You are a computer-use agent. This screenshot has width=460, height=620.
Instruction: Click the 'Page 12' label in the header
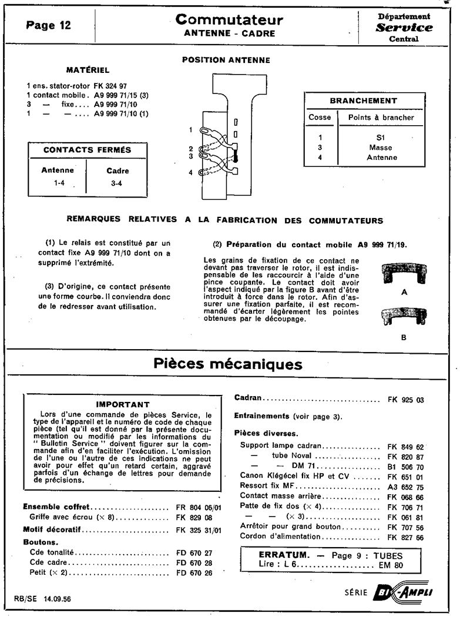(x=49, y=25)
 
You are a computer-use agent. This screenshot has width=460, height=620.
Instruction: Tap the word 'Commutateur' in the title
(x=230, y=20)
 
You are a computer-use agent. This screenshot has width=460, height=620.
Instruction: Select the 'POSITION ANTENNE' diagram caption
(x=226, y=60)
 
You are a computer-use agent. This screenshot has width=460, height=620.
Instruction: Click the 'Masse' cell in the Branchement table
(x=381, y=148)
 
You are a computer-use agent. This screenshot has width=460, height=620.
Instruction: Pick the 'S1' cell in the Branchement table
(x=381, y=137)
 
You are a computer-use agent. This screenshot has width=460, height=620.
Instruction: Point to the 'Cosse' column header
(x=320, y=117)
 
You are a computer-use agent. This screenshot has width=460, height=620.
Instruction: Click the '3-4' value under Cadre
(x=117, y=183)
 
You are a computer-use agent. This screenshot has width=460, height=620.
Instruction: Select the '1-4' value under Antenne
(x=58, y=183)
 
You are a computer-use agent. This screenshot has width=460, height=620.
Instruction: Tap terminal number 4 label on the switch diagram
(x=190, y=172)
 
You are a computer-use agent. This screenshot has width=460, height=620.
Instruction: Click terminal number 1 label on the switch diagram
(x=190, y=129)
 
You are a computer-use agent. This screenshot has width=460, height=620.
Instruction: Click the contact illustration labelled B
(x=404, y=318)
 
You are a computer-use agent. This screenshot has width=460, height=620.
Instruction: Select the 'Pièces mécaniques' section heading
(x=228, y=364)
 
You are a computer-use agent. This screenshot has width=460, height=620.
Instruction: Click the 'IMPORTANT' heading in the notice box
(x=123, y=404)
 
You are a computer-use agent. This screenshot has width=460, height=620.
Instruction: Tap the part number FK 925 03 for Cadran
(x=406, y=400)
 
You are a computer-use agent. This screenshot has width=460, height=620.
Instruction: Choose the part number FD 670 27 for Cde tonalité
(x=194, y=553)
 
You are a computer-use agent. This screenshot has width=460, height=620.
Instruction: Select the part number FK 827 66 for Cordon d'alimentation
(x=406, y=537)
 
